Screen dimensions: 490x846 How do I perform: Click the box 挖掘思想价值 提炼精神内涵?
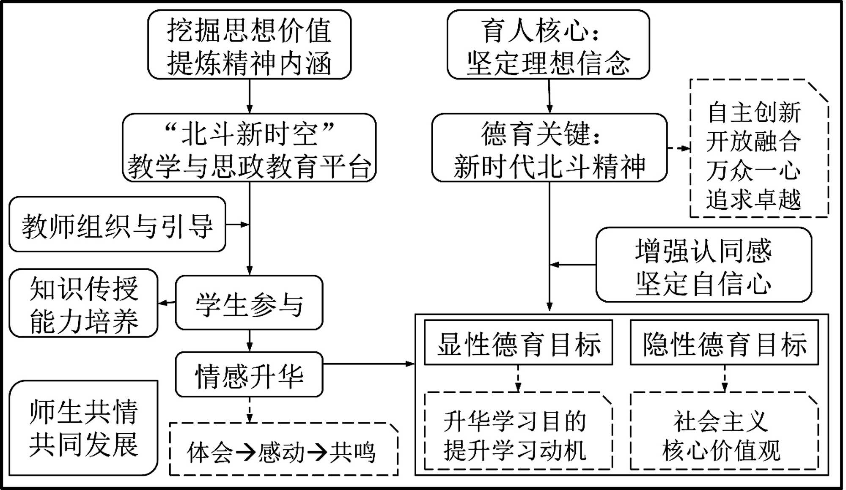(249, 45)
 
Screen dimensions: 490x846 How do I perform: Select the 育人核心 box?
(548, 45)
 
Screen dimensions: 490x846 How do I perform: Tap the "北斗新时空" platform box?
(249, 148)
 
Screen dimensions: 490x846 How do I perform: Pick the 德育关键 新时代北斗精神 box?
(549, 148)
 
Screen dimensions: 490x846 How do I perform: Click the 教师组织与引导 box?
(117, 224)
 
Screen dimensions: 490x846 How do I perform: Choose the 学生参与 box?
(249, 303)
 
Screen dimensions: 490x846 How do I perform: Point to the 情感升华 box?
(249, 375)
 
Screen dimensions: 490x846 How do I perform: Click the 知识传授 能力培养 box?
(84, 303)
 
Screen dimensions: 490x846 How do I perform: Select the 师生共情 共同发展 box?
(84, 428)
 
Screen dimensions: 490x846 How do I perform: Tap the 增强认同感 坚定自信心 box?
(703, 265)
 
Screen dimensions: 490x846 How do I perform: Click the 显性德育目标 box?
(518, 343)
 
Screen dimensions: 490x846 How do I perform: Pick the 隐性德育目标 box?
(724, 343)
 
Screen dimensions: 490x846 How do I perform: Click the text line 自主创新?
(754, 112)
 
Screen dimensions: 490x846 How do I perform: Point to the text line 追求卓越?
(754, 200)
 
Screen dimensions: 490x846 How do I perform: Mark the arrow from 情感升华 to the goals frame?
(368, 364)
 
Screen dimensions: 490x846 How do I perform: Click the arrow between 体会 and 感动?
(245, 452)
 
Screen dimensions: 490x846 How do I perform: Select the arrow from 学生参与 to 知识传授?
(167, 303)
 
